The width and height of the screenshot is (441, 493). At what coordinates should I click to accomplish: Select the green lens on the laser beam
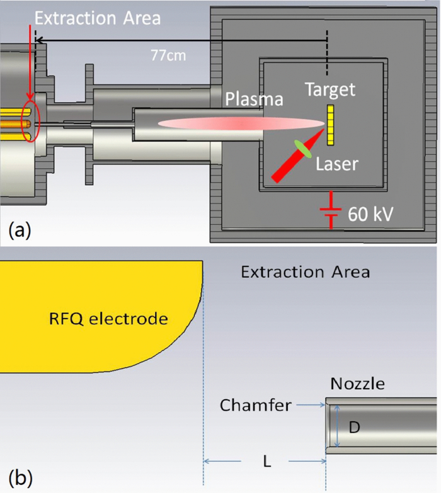click(x=306, y=150)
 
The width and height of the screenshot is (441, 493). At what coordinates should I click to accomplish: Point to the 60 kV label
click(x=371, y=214)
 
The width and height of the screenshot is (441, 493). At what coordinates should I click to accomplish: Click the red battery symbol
click(x=328, y=212)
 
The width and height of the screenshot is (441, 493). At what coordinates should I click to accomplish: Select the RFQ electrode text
click(x=108, y=319)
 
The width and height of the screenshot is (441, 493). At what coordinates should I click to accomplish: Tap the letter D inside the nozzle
click(x=355, y=428)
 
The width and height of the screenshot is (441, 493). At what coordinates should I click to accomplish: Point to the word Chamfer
click(x=256, y=405)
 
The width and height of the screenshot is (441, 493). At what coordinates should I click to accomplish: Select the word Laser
click(x=338, y=164)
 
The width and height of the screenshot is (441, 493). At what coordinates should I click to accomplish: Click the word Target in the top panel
click(x=330, y=89)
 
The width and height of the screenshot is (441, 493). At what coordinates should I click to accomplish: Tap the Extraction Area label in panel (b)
click(x=305, y=272)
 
